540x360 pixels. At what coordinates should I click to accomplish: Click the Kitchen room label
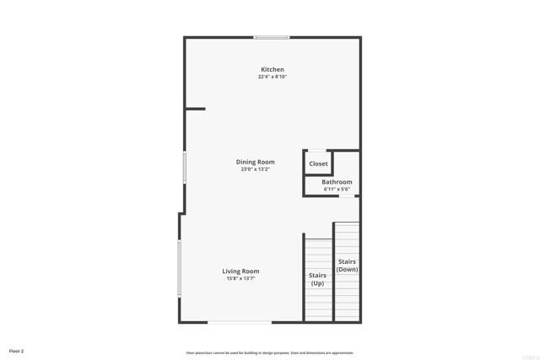tap(272, 69)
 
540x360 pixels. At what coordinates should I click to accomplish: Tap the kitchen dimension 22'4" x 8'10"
tap(272, 77)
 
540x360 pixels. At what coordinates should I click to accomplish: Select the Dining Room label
tap(255, 162)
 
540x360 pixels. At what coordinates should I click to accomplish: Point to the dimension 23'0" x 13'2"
tap(255, 169)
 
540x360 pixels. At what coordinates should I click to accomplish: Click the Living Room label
tap(240, 271)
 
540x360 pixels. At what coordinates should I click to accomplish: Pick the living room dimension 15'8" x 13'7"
tap(240, 279)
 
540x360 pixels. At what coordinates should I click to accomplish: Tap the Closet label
tap(318, 164)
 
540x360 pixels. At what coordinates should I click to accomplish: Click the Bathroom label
tap(337, 182)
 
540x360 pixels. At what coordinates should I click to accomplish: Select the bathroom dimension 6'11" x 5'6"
tap(337, 189)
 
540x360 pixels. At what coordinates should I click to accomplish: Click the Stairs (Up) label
tap(317, 279)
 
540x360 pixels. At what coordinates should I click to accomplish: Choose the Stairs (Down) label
tap(348, 266)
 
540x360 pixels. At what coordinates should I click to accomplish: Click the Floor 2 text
tap(17, 350)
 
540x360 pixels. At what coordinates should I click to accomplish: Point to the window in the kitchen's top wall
tap(272, 37)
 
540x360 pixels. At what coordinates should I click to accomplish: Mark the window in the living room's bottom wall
tap(240, 322)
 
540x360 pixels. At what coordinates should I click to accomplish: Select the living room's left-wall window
tap(179, 268)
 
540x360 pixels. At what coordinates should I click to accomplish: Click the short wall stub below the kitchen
tap(196, 108)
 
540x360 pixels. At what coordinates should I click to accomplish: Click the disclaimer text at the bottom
tap(270, 352)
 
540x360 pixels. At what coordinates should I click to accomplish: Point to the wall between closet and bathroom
tap(318, 175)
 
